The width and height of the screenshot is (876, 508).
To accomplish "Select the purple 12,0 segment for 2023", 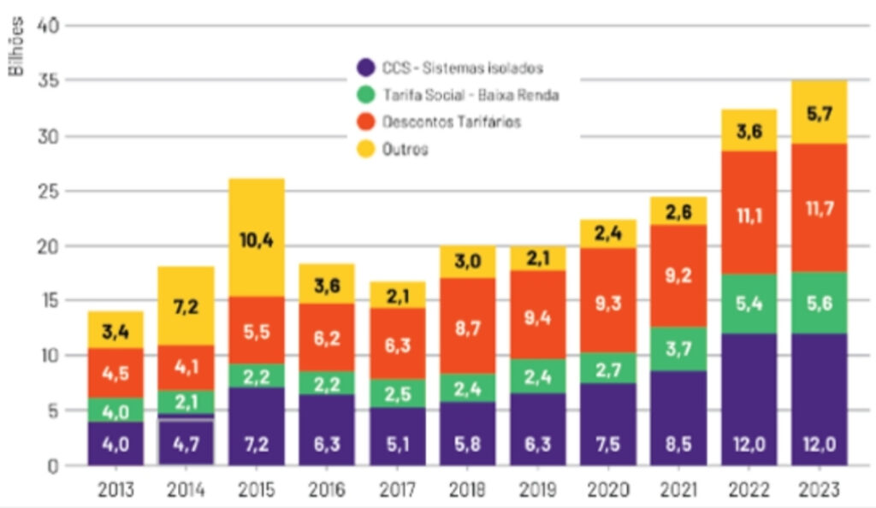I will [x=819, y=399].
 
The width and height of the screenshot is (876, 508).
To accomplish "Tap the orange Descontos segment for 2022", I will [x=749, y=213].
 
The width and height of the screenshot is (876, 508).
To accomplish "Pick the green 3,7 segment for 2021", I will [x=678, y=348].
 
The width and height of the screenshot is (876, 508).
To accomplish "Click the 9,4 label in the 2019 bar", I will [x=537, y=319].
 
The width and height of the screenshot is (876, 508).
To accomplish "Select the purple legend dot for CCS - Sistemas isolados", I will [x=365, y=68].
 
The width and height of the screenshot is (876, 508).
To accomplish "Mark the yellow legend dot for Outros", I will [x=365, y=149].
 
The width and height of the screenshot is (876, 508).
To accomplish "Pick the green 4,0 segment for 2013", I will [x=115, y=411].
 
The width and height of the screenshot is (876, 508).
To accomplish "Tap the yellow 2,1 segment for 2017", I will [x=397, y=295].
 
